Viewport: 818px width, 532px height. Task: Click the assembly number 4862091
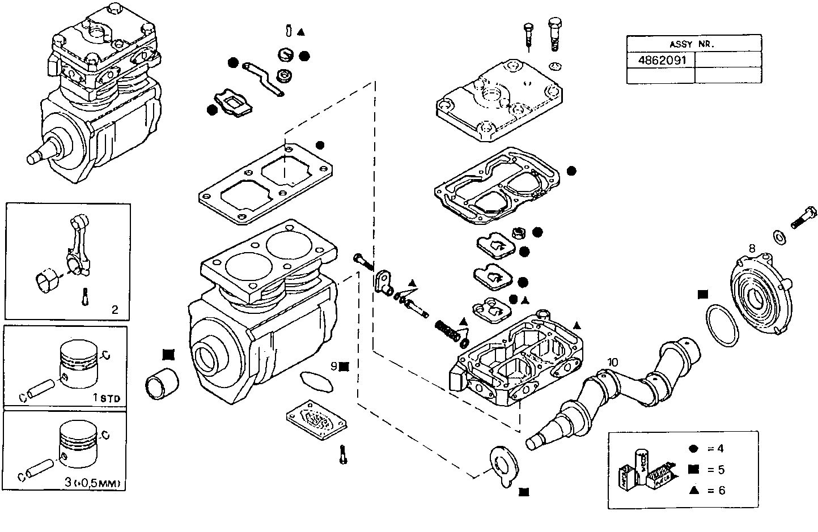[x=660, y=60]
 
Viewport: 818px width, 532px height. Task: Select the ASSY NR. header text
[x=693, y=44]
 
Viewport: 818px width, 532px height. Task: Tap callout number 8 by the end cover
[x=752, y=248]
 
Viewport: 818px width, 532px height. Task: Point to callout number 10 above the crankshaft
[x=613, y=362]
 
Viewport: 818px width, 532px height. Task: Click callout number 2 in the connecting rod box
[x=115, y=309]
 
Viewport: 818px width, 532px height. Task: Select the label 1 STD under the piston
[x=107, y=398]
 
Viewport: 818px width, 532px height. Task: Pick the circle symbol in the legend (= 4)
[x=693, y=449]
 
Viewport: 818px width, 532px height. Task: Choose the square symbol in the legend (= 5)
[x=693, y=470]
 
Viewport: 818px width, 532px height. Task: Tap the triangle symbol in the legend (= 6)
[x=693, y=490]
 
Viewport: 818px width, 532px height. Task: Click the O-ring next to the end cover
[x=722, y=325]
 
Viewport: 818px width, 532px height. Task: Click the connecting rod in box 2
[x=76, y=244]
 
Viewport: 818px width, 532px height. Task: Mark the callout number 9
[x=334, y=366]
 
